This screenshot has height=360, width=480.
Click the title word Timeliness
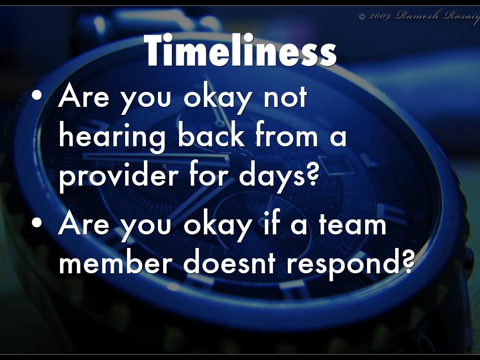tap(240, 51)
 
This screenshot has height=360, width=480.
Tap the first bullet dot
tap(37, 96)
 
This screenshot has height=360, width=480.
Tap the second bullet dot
tap(37, 224)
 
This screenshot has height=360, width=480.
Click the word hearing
tap(112, 137)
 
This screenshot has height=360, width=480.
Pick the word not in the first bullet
tap(285, 97)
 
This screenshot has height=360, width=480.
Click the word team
tap(352, 225)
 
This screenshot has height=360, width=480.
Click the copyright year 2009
tap(379, 16)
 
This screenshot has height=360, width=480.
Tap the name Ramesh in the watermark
tap(416, 15)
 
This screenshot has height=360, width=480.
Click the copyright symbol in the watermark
tap(362, 16)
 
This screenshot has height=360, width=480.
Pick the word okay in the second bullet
tap(217, 225)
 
